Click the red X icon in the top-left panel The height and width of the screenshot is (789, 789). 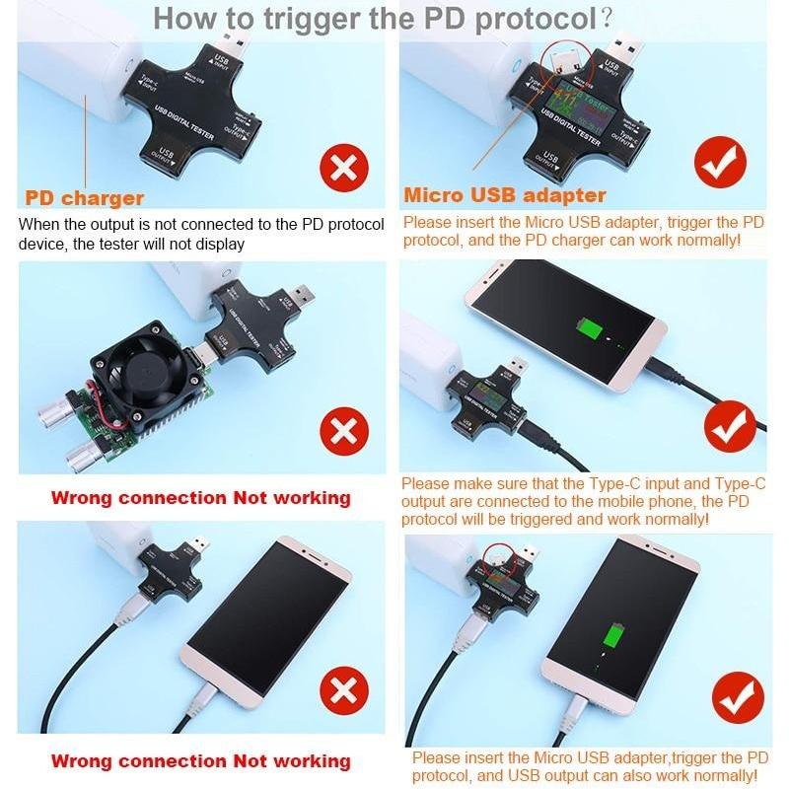[x=343, y=168]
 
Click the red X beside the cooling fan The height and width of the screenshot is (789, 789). [x=343, y=431]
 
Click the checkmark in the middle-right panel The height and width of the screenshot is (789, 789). [x=730, y=425]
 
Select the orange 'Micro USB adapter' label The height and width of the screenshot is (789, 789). [x=504, y=195]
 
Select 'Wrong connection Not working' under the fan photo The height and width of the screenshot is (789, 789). [x=200, y=498]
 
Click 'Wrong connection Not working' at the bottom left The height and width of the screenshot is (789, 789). [x=200, y=761]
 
